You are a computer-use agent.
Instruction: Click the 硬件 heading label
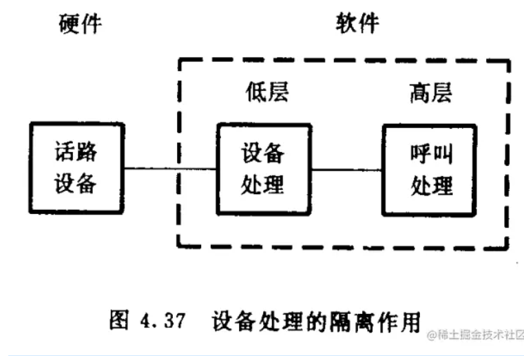point(80,24)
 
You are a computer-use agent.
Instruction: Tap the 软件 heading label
point(357,24)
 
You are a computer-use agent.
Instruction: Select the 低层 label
point(266,92)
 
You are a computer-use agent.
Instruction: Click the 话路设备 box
point(77,169)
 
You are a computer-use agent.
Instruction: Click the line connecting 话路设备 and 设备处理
point(171,169)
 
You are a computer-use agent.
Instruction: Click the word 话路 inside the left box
point(76,153)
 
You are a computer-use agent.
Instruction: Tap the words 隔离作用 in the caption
point(382,321)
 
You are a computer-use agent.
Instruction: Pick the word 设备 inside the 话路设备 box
point(76,184)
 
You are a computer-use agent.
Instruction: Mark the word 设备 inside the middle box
point(262,153)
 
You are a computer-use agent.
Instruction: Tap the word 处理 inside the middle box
point(262,185)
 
